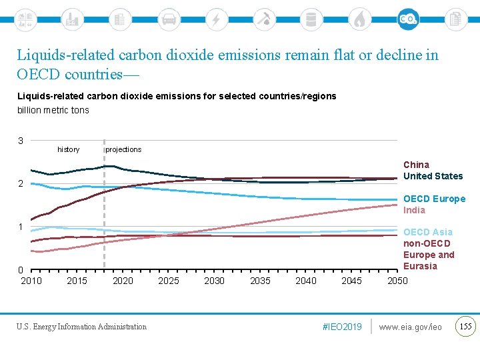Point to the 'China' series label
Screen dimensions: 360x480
[416, 165]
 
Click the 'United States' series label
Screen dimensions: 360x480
[433, 176]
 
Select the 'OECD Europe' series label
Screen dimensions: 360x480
[434, 199]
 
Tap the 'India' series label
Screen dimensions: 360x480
[414, 210]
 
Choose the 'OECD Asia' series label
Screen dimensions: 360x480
[427, 232]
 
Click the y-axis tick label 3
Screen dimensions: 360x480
[21, 141]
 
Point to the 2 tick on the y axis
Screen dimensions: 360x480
[21, 183]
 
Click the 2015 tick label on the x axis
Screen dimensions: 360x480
[77, 281]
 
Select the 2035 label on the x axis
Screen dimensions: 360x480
[260, 281]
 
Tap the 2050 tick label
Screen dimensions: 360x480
[397, 281]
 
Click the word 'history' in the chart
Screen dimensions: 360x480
[68, 149]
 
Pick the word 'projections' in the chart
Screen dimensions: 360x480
[123, 149]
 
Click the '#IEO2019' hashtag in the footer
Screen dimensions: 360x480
[341, 327]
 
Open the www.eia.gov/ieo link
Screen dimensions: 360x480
[410, 327]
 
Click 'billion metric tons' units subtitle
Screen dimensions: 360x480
[53, 110]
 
